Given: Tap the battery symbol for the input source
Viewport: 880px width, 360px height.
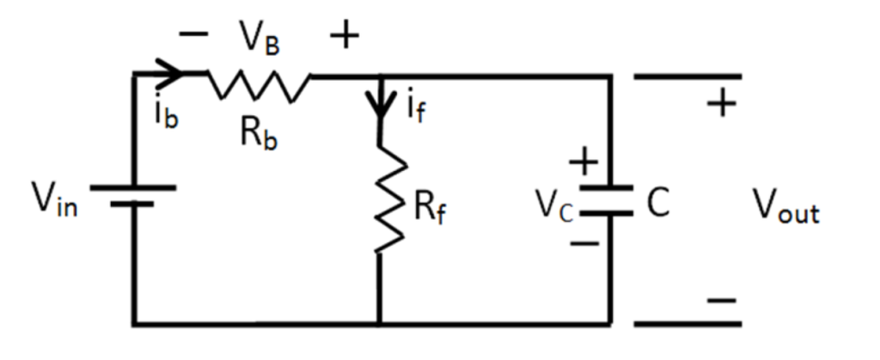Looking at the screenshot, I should (x=132, y=196).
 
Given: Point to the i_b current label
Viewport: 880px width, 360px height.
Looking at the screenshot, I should (x=167, y=114).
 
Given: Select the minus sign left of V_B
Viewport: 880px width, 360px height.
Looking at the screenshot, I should (x=194, y=34).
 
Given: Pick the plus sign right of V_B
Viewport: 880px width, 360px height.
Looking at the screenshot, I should (x=344, y=36).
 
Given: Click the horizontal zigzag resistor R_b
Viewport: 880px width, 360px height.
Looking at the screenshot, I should (x=258, y=84).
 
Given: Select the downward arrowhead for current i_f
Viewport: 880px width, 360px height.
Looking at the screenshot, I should (x=378, y=107).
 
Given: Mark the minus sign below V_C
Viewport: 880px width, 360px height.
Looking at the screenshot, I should (x=584, y=243).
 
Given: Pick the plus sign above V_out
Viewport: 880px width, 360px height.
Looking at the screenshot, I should (x=722, y=105).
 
